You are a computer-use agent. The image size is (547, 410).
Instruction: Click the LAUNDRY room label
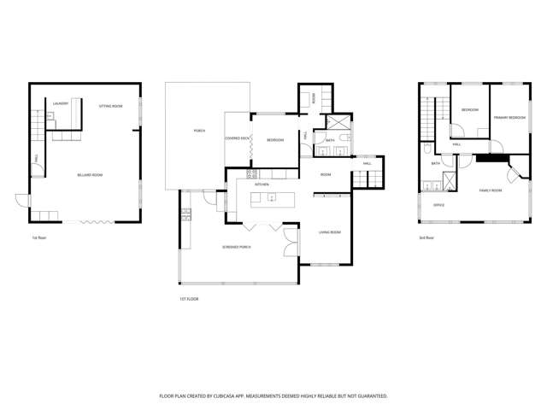click(60, 104)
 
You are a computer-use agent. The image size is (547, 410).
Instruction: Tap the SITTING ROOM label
click(110, 106)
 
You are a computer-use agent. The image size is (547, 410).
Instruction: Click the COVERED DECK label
click(237, 138)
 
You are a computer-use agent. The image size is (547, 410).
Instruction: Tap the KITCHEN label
click(262, 184)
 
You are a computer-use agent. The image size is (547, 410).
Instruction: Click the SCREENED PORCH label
click(237, 247)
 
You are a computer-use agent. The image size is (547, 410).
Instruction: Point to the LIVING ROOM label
click(330, 232)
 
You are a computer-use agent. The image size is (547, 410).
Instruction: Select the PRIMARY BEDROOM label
click(509, 117)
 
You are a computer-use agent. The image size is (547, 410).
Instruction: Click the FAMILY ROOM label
click(490, 190)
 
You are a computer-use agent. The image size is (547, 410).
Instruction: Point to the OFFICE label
click(438, 206)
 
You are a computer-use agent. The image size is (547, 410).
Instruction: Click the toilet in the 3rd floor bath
click(426, 149)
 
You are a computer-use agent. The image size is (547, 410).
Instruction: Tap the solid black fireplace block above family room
click(491, 157)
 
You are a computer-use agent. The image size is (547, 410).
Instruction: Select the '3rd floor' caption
click(426, 237)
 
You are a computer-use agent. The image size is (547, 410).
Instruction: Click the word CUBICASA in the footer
click(254, 396)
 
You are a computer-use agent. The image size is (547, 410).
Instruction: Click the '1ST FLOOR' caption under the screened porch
click(189, 298)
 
